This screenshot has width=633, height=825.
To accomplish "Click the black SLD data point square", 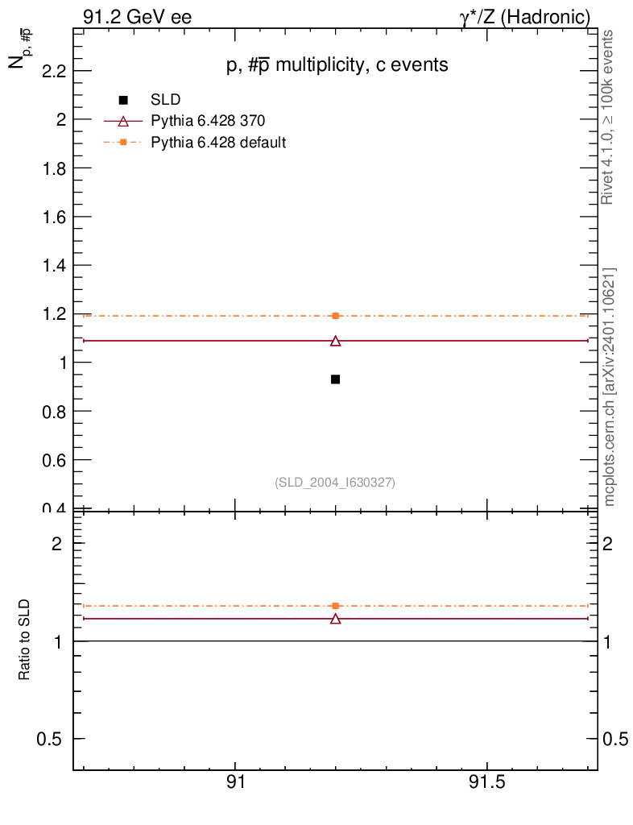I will click(335, 379).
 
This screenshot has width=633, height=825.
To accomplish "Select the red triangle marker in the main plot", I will click(336, 341).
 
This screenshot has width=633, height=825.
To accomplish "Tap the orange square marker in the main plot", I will click(336, 316).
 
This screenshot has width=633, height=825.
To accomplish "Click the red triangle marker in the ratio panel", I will click(336, 619).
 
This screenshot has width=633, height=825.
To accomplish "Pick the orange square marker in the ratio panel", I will click(336, 605).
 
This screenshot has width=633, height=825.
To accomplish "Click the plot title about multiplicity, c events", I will click(337, 66).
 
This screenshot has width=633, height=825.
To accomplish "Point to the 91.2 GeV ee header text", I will click(136, 17).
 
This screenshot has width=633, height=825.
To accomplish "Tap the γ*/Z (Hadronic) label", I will click(524, 17).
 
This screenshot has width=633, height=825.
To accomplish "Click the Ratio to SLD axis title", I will click(25, 641).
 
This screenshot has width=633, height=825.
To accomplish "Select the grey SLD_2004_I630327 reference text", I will click(335, 482).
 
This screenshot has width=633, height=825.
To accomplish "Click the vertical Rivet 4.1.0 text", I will click(609, 117).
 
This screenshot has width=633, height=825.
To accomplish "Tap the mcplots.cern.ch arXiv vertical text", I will click(609, 387).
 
